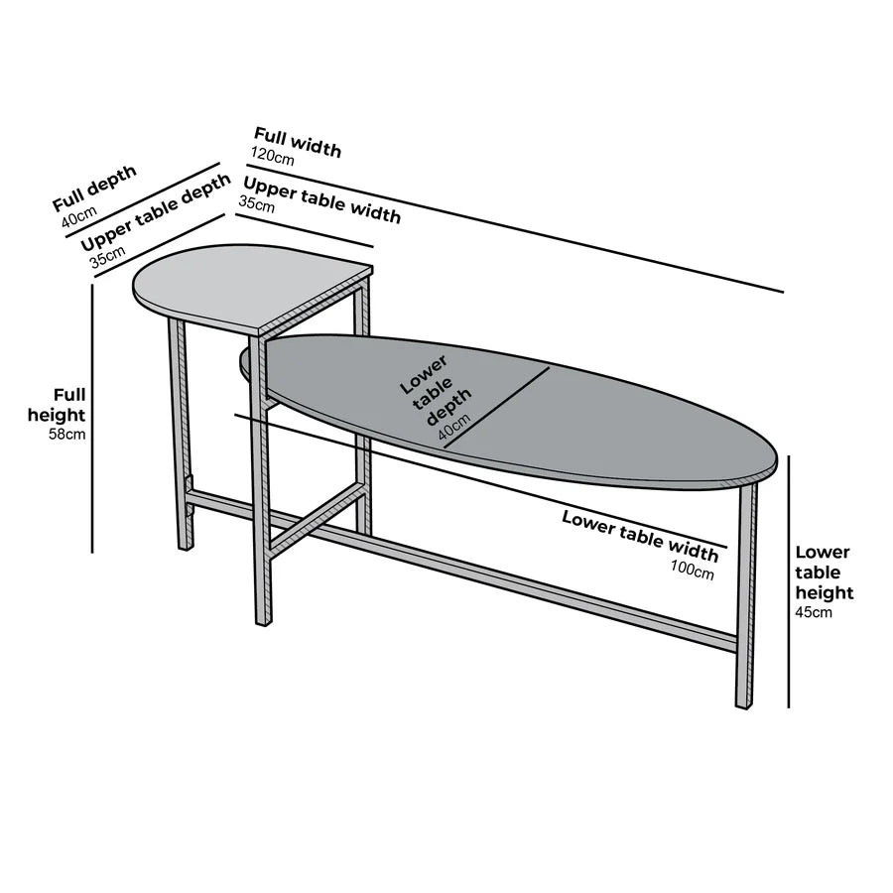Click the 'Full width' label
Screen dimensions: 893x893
(298, 141)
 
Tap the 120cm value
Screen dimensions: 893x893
(272, 156)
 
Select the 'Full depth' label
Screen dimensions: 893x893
(94, 188)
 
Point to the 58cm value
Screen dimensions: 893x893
(67, 435)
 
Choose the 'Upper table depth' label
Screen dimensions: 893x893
(156, 211)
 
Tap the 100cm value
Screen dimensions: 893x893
(692, 569)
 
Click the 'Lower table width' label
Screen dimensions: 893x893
(640, 536)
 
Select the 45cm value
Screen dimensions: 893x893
(814, 613)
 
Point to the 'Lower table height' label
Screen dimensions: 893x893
(825, 573)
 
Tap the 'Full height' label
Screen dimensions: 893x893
(57, 405)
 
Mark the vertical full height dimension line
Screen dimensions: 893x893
(92, 419)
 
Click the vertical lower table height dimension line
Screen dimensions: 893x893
(789, 581)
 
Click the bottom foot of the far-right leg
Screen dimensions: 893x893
(744, 705)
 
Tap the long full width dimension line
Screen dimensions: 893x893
(515, 228)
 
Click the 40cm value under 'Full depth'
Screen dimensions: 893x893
(79, 216)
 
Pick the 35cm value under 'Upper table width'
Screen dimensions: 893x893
(256, 203)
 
